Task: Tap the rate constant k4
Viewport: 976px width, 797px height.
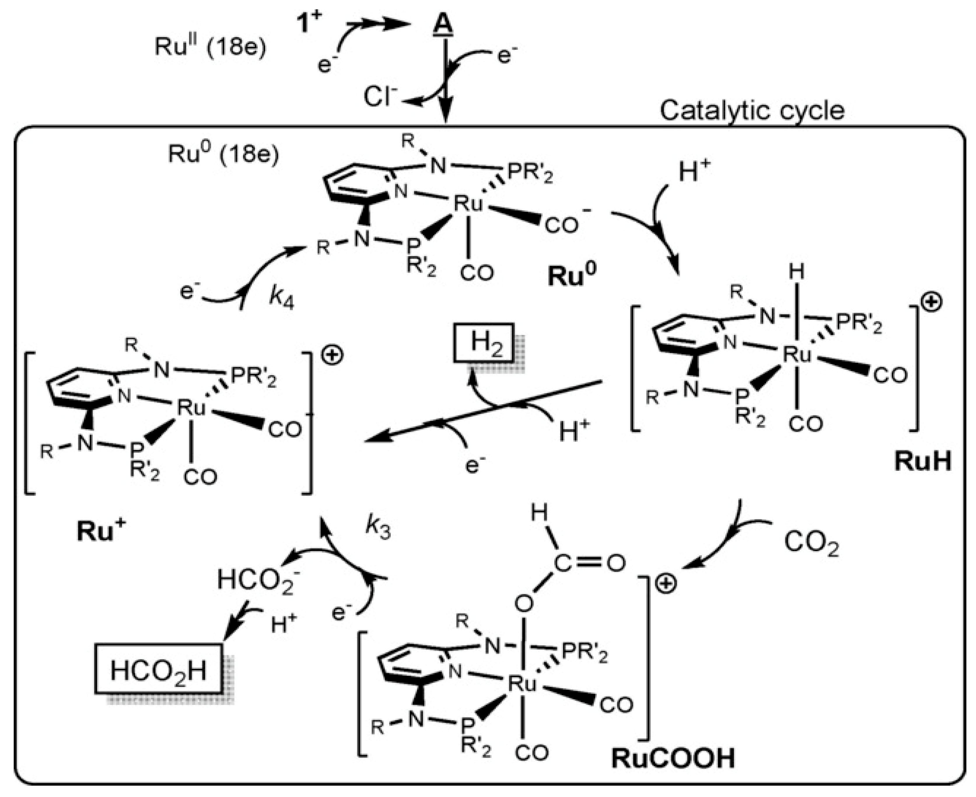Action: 281,298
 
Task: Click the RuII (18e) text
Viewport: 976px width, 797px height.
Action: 210,47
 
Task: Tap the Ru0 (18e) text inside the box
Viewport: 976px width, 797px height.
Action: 223,155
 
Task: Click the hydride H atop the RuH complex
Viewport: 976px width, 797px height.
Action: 796,272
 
